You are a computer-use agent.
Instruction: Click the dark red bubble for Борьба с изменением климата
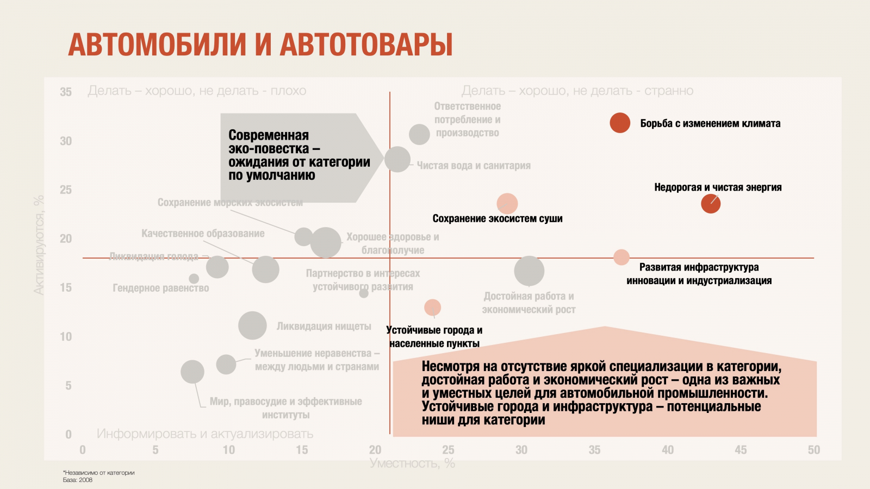620,123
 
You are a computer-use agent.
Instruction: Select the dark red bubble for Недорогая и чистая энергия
711,204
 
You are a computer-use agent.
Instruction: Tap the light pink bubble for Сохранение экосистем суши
507,204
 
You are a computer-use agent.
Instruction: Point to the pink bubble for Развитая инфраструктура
622,258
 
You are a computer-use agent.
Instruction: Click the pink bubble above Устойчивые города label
432,308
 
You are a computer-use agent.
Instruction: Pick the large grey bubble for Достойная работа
529,271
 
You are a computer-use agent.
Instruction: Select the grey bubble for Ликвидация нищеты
252,326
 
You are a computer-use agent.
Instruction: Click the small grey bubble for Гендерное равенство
194,279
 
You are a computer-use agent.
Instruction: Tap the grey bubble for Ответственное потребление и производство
419,134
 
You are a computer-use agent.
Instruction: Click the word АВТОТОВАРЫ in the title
366,45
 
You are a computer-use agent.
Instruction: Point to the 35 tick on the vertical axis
66,92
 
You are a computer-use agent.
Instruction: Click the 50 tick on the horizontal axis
813,450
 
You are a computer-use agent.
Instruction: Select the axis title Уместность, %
412,463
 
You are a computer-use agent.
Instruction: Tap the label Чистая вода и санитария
474,166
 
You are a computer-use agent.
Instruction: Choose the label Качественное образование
203,234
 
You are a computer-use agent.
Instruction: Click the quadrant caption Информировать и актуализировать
205,434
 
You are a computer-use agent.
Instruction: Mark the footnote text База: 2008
78,480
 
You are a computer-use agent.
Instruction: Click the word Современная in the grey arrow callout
269,135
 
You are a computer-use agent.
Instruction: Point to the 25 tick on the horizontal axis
448,450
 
